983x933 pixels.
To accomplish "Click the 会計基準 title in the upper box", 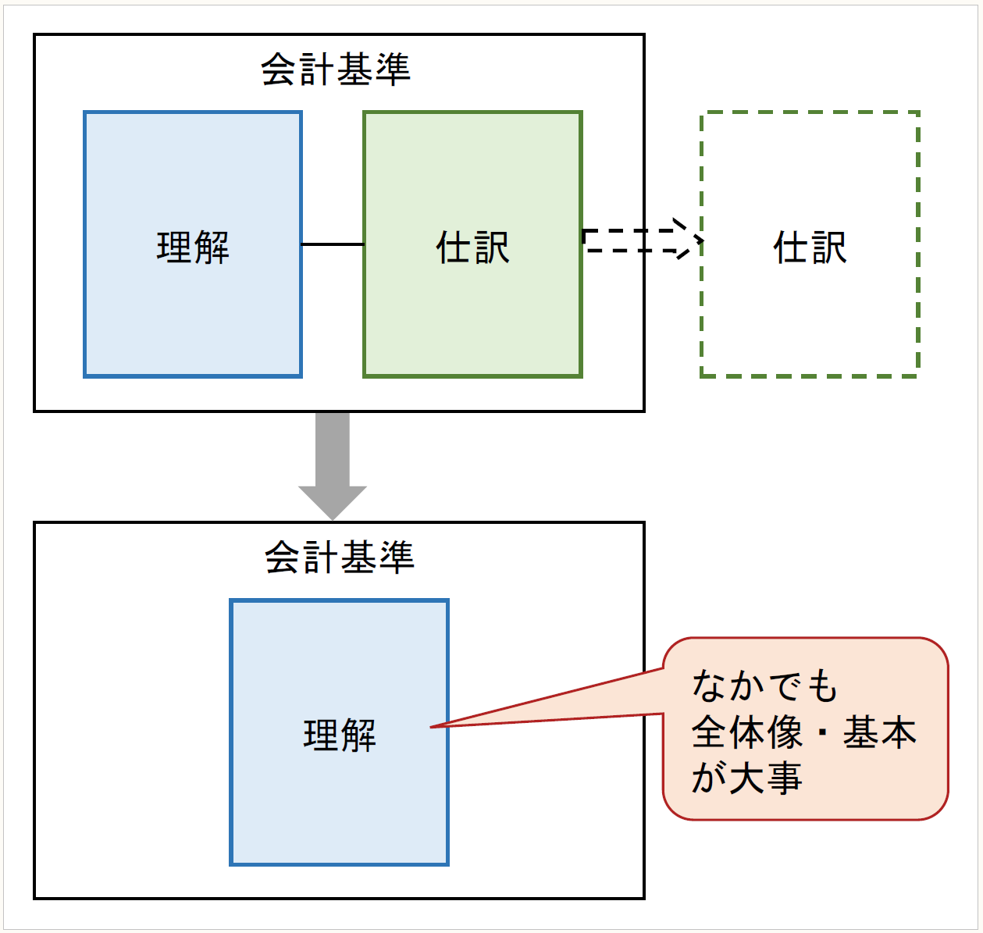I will pos(336,69).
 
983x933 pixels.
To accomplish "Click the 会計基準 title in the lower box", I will pos(340,557).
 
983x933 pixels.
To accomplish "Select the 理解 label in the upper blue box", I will pos(193,247).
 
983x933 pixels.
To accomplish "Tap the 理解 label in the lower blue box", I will pos(340,735).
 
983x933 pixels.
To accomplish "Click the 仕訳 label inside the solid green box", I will pos(472,247).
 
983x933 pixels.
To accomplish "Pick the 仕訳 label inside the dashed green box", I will pos(810,247).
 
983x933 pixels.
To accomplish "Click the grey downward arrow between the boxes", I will pos(333,461).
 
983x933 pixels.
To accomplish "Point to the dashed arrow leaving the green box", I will pos(636,240).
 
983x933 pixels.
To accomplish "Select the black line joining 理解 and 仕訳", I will pos(333,244).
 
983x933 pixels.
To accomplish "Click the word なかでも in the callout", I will pos(764,686).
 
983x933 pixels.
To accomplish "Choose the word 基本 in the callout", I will pos(879,732).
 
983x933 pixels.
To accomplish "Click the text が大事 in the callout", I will pos(747,778).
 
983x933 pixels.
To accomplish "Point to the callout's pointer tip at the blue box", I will pos(433,727).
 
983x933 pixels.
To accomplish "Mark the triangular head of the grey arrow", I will pos(333,501).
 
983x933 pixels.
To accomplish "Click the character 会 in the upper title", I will pos(279,69).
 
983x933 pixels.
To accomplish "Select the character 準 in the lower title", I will pos(397,557).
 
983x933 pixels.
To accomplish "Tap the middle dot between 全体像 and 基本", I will pos(822,733).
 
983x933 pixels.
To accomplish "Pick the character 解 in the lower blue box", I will pos(358,735).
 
